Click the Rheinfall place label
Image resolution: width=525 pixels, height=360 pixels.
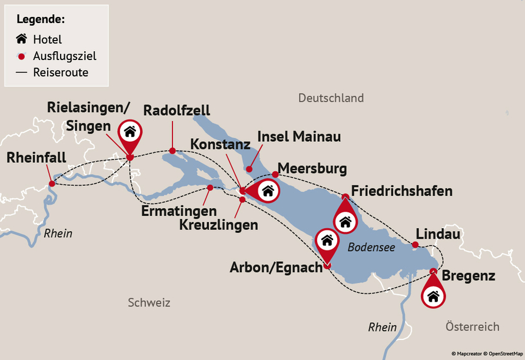[36, 158]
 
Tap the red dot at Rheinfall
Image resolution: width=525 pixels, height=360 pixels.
[52, 184]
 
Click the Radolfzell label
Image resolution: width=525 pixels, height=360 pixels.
[177, 111]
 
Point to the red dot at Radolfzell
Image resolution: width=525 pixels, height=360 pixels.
[172, 151]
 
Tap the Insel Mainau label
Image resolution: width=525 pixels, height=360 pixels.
[299, 137]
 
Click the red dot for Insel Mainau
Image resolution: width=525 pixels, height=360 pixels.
[249, 169]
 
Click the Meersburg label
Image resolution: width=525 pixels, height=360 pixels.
[312, 169]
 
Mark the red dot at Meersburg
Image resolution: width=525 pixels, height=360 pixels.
[275, 174]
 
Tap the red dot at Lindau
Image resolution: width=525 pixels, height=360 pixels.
[415, 245]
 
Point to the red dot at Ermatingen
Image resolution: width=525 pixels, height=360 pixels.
[210, 188]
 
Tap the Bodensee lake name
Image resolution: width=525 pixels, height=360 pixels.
[371, 248]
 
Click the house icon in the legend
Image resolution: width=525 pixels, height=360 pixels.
[22, 39]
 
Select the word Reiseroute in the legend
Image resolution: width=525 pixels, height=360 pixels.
[61, 73]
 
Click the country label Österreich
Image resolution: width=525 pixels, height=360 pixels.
[472, 326]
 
